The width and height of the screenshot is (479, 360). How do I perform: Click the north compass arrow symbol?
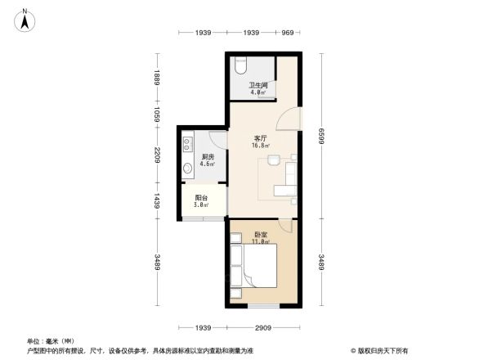[x=25, y=18]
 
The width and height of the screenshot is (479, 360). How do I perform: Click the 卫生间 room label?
[x=259, y=86]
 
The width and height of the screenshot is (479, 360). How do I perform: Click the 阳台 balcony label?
[x=201, y=197]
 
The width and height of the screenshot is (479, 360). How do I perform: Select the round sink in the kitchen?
[x=188, y=169]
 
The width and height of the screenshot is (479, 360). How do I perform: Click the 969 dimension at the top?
[x=287, y=33]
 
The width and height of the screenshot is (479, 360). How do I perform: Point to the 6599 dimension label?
[x=322, y=134]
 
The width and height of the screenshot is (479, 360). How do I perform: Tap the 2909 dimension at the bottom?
[x=262, y=327]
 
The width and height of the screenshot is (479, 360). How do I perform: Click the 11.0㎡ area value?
[x=261, y=242]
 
